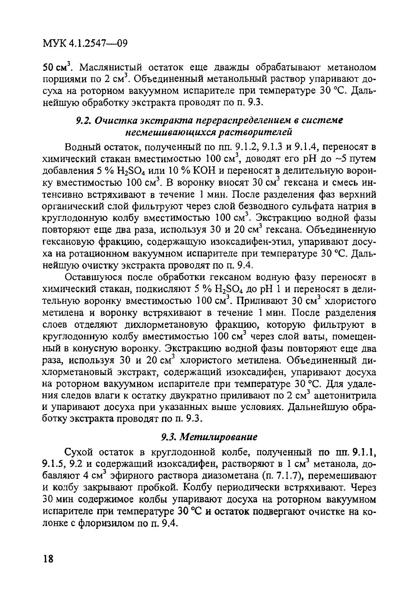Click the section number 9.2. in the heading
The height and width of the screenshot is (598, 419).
(x=84, y=121)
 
